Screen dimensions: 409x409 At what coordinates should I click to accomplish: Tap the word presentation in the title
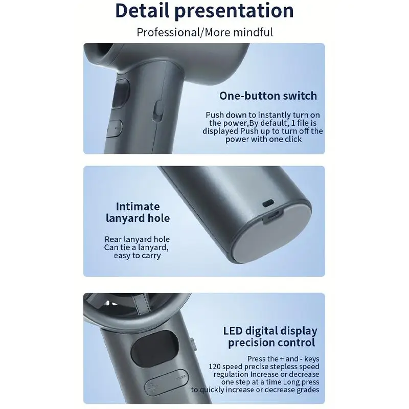coord(234,11)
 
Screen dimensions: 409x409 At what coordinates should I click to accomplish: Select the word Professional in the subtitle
coord(168,32)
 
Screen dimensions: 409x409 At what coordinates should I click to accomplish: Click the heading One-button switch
coord(268,96)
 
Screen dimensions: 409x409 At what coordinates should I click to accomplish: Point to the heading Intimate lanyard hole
coord(138,212)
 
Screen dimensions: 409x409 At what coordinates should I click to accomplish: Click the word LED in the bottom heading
coord(233,331)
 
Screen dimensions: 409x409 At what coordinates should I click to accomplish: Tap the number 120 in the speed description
coord(214,367)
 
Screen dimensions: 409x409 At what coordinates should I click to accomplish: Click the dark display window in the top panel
coord(121,94)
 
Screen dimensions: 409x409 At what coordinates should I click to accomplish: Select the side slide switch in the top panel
coord(158,111)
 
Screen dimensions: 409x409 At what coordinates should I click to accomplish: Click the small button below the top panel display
coord(114,128)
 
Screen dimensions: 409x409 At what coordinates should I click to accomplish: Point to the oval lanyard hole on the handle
coord(268,203)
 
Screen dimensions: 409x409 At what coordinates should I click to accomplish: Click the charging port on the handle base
coord(273,216)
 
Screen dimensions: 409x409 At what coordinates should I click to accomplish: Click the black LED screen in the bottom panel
coord(155,349)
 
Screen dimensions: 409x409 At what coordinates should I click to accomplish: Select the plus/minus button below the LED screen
coord(166,382)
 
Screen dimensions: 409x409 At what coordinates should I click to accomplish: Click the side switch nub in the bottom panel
coord(193,345)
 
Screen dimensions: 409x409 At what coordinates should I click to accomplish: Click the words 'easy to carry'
coord(137,255)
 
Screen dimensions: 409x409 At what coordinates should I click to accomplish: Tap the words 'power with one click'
coord(263,139)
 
